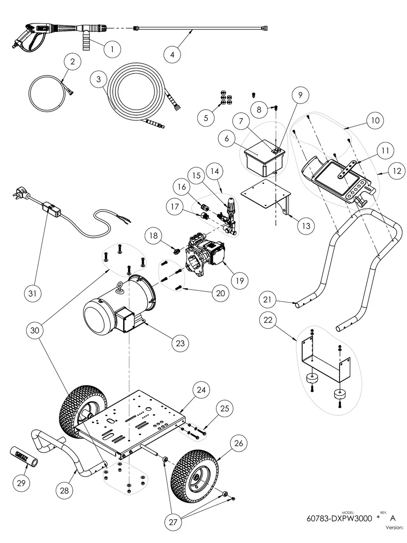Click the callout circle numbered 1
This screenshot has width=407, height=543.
(112, 49)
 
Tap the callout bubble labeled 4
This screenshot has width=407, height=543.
(172, 54)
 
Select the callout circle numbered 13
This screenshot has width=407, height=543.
(306, 226)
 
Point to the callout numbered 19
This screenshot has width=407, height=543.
(239, 280)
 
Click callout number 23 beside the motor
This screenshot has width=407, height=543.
(180, 343)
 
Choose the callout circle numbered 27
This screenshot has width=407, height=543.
(173, 522)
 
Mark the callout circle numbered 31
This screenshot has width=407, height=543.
(33, 294)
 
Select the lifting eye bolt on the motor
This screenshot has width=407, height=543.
(120, 289)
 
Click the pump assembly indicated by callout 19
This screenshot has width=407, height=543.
(205, 256)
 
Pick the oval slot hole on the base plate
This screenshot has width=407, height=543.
(110, 420)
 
